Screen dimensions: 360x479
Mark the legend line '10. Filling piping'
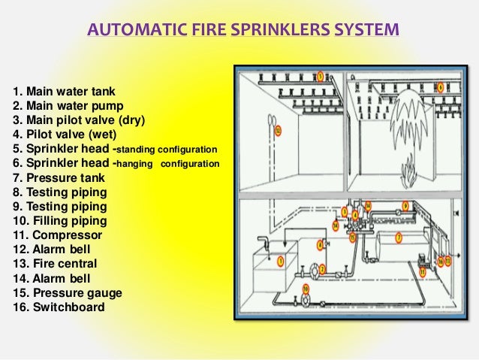[60, 221]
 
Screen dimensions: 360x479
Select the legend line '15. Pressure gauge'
[67, 292]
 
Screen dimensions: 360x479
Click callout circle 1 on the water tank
[280, 262]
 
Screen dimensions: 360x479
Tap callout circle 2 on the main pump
[322, 269]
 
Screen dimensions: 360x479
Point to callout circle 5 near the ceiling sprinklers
[321, 77]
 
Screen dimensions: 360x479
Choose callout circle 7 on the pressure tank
[399, 237]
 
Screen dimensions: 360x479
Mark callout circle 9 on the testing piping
[405, 204]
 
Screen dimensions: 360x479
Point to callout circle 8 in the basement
[320, 244]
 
